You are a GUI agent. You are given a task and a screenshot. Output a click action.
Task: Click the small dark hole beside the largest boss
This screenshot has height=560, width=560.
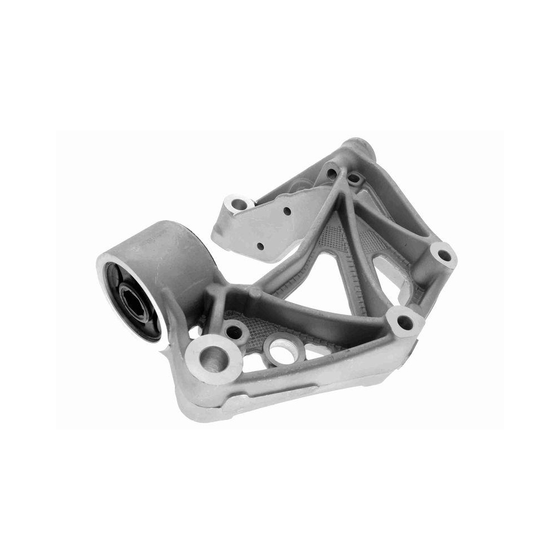click(x=235, y=332)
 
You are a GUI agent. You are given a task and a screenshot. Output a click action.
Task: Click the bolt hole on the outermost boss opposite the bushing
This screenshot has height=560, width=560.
click(x=444, y=256)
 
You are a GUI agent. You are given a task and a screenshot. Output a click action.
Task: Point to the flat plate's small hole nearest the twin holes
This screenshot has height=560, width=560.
click(x=287, y=212)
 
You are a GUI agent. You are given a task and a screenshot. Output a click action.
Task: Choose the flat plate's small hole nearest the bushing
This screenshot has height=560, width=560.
click(x=260, y=246)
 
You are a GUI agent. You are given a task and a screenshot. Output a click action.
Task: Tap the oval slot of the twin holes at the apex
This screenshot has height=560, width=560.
click(x=354, y=179)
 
